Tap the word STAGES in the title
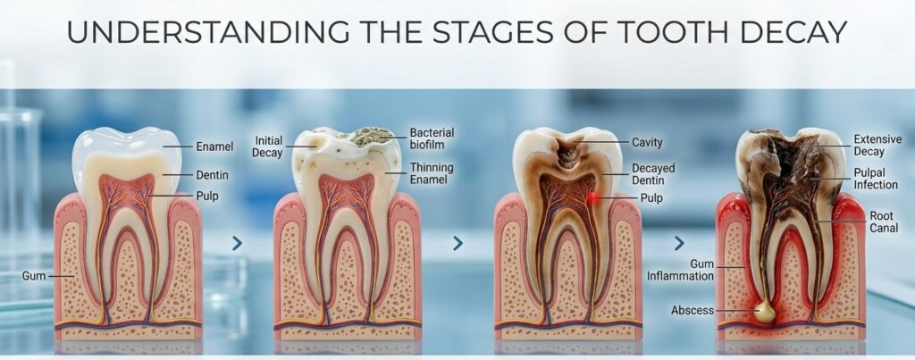(x=495, y=33)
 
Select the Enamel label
(x=214, y=147)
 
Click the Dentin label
(x=212, y=175)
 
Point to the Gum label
(x=34, y=275)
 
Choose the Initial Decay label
(x=268, y=147)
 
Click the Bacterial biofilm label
(x=432, y=138)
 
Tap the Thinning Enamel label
(x=432, y=173)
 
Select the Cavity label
(x=647, y=142)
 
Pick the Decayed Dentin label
(x=653, y=174)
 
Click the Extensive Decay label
(x=877, y=146)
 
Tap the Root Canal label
(x=881, y=222)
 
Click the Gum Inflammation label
(x=680, y=270)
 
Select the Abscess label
(x=693, y=310)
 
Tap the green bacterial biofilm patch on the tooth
(x=369, y=136)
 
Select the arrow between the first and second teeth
(x=237, y=243)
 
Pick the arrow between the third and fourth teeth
(x=679, y=243)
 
